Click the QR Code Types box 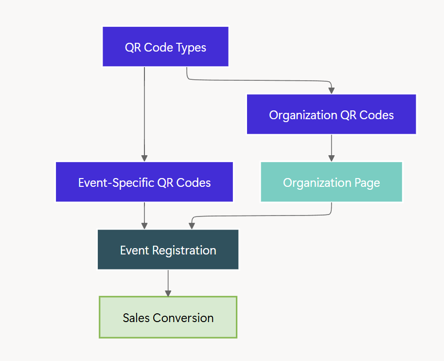165,47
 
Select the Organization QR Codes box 331,114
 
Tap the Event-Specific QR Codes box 144,182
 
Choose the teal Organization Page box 331,182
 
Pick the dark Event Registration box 168,250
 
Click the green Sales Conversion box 168,317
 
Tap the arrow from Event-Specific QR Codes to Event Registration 144,216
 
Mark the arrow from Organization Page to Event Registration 263,216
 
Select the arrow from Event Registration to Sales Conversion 168,283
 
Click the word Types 190,48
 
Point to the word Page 368,183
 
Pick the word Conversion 183,318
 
